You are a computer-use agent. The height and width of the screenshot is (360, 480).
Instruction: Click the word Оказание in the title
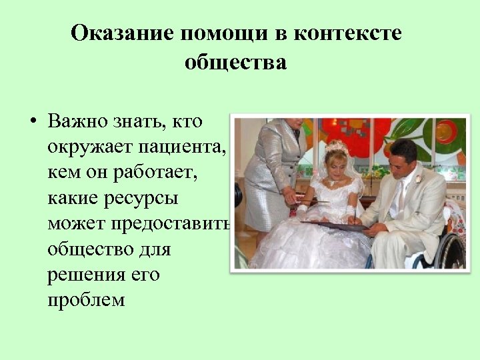pos(123,33)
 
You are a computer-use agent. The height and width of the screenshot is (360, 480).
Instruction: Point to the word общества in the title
pos(235,63)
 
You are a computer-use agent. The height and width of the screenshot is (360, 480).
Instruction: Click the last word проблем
pos(86,299)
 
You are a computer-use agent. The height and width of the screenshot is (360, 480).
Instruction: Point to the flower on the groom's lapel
pos(417,179)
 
